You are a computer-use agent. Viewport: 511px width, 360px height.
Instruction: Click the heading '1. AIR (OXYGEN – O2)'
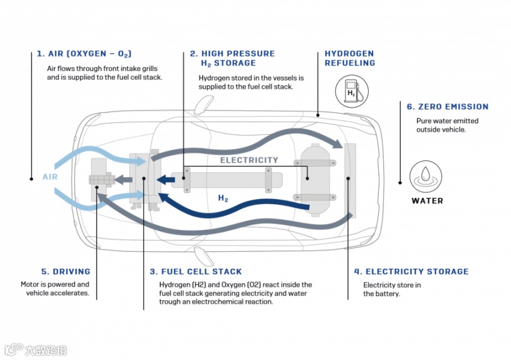83,54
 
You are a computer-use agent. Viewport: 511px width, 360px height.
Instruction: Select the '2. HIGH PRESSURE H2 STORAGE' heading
232,58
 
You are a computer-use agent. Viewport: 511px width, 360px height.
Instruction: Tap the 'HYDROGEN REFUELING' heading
349,58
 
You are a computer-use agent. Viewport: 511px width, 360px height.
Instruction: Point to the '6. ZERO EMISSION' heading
447,107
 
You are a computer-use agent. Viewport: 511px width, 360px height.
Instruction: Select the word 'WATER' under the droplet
427,201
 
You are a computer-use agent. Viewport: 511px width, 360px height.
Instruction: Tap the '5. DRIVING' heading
66,272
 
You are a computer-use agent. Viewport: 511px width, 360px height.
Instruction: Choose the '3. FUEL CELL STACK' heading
195,272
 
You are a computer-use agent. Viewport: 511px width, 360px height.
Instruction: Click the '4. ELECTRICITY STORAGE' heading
411,272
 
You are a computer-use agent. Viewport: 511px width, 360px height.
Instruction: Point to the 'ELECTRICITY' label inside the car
249,160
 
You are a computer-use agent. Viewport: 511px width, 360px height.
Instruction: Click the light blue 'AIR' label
50,176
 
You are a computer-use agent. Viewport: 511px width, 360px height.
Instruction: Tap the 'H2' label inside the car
223,199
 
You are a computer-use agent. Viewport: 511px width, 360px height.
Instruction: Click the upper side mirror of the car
203,104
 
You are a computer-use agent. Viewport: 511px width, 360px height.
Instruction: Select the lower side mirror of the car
203,255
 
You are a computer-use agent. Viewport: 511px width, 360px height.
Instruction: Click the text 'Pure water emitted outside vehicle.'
447,125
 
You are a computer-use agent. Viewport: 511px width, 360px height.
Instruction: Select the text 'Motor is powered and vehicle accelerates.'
55,289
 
